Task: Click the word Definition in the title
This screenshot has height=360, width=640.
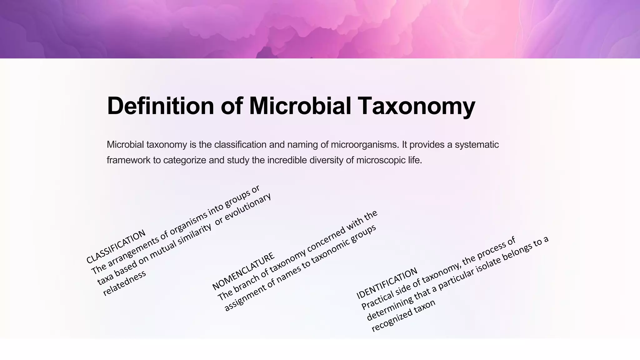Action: (160, 106)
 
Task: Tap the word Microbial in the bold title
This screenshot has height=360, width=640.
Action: (300, 106)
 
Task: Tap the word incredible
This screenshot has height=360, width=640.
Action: (287, 160)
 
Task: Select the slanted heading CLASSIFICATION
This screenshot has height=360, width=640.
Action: (116, 247)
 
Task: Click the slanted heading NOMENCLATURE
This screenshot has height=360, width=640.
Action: (243, 271)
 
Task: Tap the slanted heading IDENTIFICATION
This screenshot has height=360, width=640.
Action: (387, 283)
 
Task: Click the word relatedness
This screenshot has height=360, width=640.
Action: (124, 283)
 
